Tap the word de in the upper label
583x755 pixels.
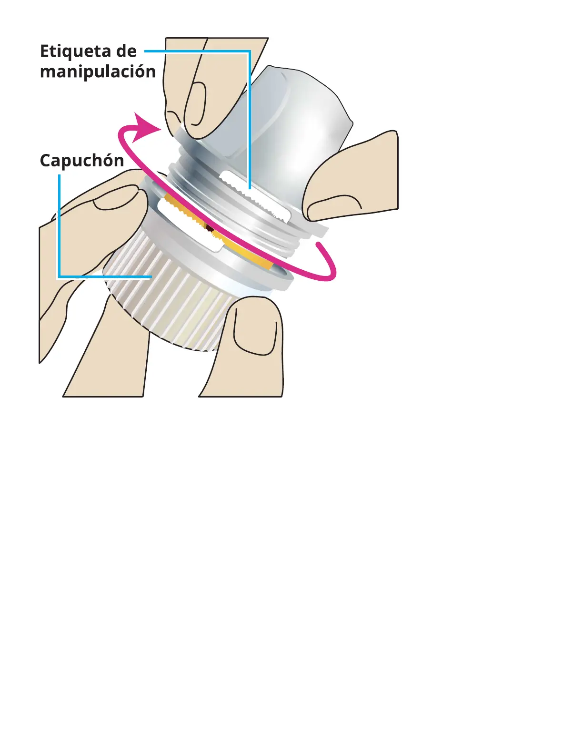pyautogui.click(x=126, y=51)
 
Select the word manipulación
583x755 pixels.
pyautogui.click(x=98, y=71)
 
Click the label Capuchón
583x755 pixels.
pyautogui.click(x=81, y=161)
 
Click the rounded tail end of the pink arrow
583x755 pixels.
pyautogui.click(x=320, y=246)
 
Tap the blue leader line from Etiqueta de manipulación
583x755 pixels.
pyautogui.click(x=249, y=119)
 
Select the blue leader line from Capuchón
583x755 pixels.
pyautogui.click(x=59, y=229)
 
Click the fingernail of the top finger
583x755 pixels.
pyautogui.click(x=196, y=105)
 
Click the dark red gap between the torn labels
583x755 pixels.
pyautogui.click(x=210, y=229)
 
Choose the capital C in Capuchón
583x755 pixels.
pyautogui.click(x=46, y=161)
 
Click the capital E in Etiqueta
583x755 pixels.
pyautogui.click(x=45, y=51)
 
